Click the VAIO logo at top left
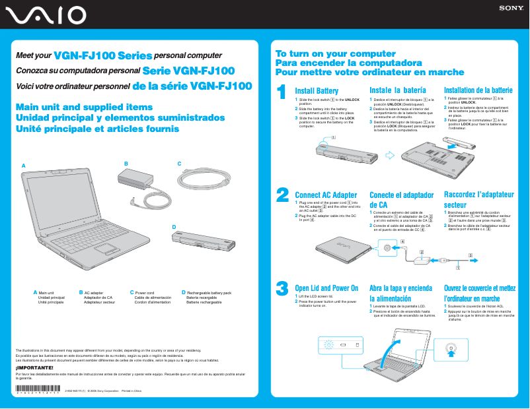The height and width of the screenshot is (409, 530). point(44,15)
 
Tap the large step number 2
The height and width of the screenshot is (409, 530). point(282,194)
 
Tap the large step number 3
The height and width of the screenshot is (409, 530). point(282,288)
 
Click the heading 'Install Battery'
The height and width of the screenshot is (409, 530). point(317,91)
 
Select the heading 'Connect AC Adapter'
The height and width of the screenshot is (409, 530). point(326,195)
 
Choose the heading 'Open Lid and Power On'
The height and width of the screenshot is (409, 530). point(326,288)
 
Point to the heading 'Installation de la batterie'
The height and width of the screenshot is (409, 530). point(478,90)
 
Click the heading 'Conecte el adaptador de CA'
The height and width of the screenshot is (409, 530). point(401,200)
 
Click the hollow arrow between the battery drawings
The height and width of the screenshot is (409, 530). point(389,156)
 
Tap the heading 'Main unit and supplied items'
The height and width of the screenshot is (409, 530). point(84,107)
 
